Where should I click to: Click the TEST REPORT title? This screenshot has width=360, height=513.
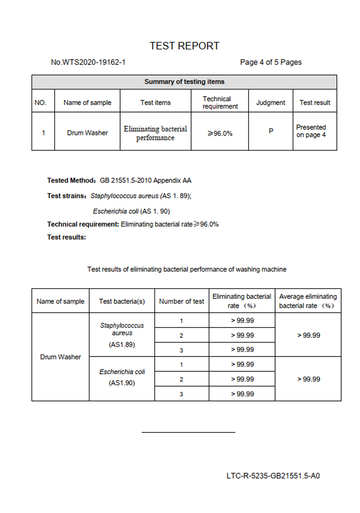[x=184, y=46]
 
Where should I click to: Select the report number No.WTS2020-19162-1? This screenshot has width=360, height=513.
[x=88, y=62]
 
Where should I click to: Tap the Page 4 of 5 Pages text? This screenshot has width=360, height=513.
[x=271, y=62]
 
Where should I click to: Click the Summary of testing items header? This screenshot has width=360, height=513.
[x=184, y=82]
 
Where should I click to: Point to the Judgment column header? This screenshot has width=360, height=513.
[x=270, y=103]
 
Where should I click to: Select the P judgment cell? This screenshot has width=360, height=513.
[x=271, y=131]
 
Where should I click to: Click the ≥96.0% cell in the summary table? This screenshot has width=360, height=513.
[x=220, y=133]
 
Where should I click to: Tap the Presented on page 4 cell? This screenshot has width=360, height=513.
[x=311, y=131]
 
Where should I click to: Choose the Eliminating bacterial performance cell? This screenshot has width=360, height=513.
[x=155, y=133]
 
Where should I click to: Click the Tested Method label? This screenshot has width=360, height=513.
[x=71, y=181]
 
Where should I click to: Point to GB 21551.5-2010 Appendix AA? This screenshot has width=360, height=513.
[x=145, y=181]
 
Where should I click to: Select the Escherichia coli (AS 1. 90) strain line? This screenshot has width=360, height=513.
[x=131, y=211]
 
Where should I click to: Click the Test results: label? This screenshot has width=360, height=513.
[x=66, y=237]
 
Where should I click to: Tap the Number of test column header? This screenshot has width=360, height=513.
[x=181, y=301]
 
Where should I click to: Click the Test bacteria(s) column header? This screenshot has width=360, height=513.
[x=122, y=301]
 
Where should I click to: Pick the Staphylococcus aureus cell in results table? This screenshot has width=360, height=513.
[x=122, y=329]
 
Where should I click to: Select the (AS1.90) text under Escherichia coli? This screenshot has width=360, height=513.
[x=122, y=383]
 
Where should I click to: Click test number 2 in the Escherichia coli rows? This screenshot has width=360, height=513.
[x=181, y=379]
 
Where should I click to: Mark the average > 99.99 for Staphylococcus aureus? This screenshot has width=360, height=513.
[x=308, y=335]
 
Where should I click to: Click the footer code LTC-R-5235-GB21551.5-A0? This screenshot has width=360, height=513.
[x=273, y=476]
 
